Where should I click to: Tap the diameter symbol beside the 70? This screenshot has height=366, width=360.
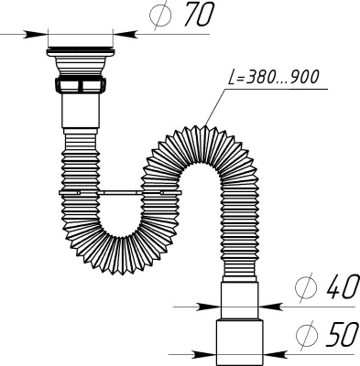point(159,16)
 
